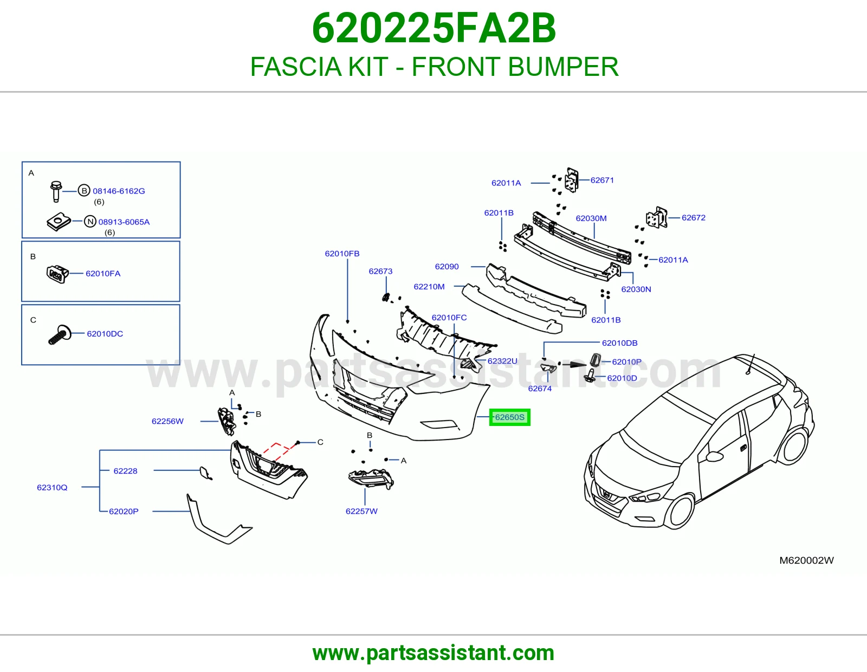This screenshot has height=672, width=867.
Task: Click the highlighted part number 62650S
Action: click(x=509, y=417)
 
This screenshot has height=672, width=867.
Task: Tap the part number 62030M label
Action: click(x=591, y=218)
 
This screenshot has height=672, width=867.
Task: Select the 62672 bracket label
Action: click(x=694, y=217)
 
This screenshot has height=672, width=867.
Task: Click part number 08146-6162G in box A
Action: click(x=119, y=191)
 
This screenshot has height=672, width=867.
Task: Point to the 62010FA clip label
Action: click(x=103, y=273)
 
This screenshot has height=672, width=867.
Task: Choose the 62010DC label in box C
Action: click(x=105, y=334)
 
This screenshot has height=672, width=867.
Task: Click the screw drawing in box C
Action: click(x=60, y=334)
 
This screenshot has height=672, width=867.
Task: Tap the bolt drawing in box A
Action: click(x=56, y=191)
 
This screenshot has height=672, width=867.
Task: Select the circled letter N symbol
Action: click(x=90, y=222)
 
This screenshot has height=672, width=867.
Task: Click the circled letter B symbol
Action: click(x=84, y=191)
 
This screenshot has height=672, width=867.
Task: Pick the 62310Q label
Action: click(x=52, y=487)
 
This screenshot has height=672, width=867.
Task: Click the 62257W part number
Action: click(x=361, y=511)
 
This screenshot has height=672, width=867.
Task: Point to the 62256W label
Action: click(x=167, y=421)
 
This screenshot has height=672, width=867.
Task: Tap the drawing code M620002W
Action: click(x=806, y=560)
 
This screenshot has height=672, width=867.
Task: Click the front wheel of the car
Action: click(x=682, y=512)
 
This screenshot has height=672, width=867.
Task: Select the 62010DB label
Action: click(x=619, y=343)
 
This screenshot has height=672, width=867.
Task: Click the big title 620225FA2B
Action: click(x=433, y=28)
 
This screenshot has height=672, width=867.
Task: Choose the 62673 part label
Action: click(x=380, y=271)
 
